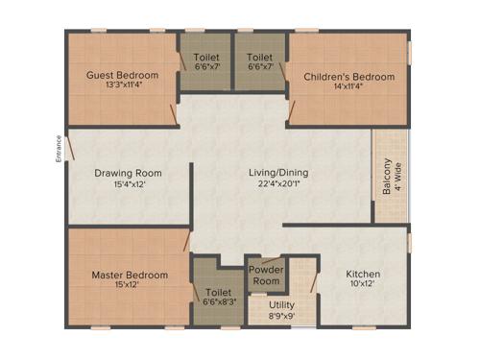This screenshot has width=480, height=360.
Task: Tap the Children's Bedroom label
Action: (x=348, y=77)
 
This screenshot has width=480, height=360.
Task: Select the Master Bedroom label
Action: (x=130, y=276)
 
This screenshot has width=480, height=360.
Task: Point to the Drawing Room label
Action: (x=127, y=174)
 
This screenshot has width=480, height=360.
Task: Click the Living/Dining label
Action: (x=278, y=173)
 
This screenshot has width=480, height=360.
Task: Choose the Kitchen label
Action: (x=363, y=274)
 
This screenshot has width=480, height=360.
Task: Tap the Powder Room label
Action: (x=266, y=276)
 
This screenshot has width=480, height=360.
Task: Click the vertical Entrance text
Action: (x=59, y=150)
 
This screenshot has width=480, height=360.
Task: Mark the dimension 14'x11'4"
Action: (x=348, y=88)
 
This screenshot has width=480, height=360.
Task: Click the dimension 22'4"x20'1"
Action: (x=278, y=184)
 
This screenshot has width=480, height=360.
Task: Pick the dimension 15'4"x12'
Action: (x=127, y=185)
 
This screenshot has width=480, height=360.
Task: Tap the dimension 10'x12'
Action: (x=363, y=285)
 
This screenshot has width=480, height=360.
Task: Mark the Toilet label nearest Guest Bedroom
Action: (x=205, y=57)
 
